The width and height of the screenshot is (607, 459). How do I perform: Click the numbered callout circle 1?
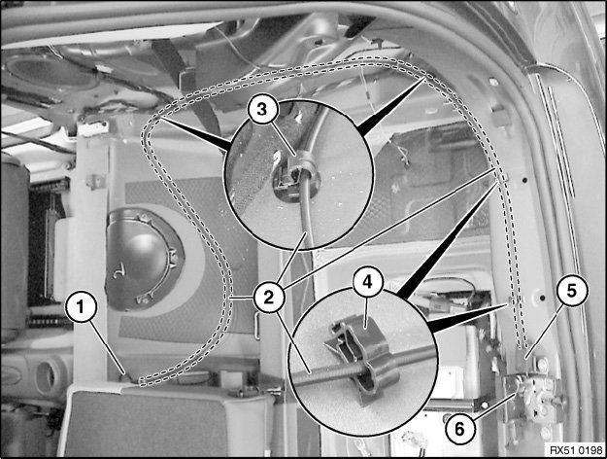coord(81,307)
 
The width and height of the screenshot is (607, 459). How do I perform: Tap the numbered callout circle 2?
coord(269,298)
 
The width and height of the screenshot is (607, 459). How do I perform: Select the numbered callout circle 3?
coord(262,110)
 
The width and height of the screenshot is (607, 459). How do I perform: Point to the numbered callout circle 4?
coord(368,282)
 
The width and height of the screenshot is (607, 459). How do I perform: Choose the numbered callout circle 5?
coord(572,291)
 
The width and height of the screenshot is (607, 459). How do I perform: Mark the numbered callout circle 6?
coord(459,429)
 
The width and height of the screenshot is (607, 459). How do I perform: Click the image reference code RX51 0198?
coord(577,450)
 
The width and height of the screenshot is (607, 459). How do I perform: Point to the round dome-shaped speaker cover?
coord(141,259)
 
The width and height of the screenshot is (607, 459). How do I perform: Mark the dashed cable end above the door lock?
coord(522,344)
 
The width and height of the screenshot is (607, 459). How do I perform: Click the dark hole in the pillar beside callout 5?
coord(542,298)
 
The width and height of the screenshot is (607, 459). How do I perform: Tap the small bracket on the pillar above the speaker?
coord(95,181)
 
